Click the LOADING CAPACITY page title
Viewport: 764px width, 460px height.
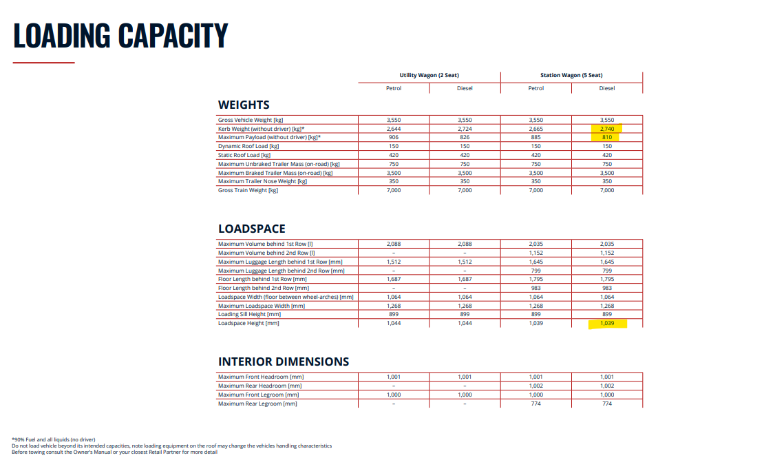(120, 35)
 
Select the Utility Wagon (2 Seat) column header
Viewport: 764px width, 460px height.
(429, 75)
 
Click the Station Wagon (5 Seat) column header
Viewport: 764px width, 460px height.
(571, 75)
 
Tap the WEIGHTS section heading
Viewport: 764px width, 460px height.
(244, 105)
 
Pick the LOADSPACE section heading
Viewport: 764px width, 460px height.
(251, 229)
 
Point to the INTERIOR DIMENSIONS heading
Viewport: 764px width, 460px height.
(284, 362)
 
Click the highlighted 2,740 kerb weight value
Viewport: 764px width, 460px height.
(607, 129)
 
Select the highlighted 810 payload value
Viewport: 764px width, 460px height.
(607, 138)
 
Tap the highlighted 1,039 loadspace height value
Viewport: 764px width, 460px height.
(607, 323)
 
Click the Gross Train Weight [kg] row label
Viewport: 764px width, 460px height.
(248, 190)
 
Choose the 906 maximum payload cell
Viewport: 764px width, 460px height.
(394, 138)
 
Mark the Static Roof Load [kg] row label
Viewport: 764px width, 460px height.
(244, 155)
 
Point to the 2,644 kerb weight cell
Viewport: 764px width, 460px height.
(394, 129)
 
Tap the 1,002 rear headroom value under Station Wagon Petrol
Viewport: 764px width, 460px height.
(536, 386)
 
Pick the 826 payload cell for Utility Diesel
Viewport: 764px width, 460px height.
(465, 138)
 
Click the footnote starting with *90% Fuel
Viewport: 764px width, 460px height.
(54, 439)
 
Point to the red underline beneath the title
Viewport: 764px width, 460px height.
(43, 63)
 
